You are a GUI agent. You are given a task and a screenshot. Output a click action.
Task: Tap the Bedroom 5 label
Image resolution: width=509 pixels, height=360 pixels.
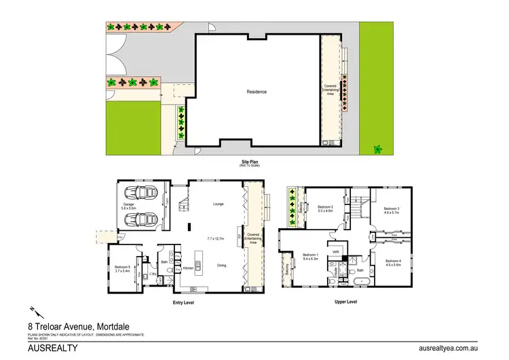coord(122,269)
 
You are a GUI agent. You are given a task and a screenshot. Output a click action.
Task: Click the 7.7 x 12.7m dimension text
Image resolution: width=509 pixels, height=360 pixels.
coord(218,238)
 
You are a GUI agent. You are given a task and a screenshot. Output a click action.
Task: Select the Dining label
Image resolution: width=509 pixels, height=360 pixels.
coord(221,265)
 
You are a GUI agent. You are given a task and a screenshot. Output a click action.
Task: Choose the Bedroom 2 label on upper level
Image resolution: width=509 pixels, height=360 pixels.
coord(326,207)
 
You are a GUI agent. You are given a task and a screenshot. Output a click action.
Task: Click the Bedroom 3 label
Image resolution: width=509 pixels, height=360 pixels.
coord(390,209)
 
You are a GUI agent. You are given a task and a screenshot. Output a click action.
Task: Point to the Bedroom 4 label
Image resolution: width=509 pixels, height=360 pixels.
coord(393,262)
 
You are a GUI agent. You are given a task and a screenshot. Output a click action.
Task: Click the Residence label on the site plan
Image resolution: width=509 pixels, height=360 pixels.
coord(257,92)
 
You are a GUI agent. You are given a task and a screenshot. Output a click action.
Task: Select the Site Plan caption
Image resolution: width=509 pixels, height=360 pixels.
coord(250,162)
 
